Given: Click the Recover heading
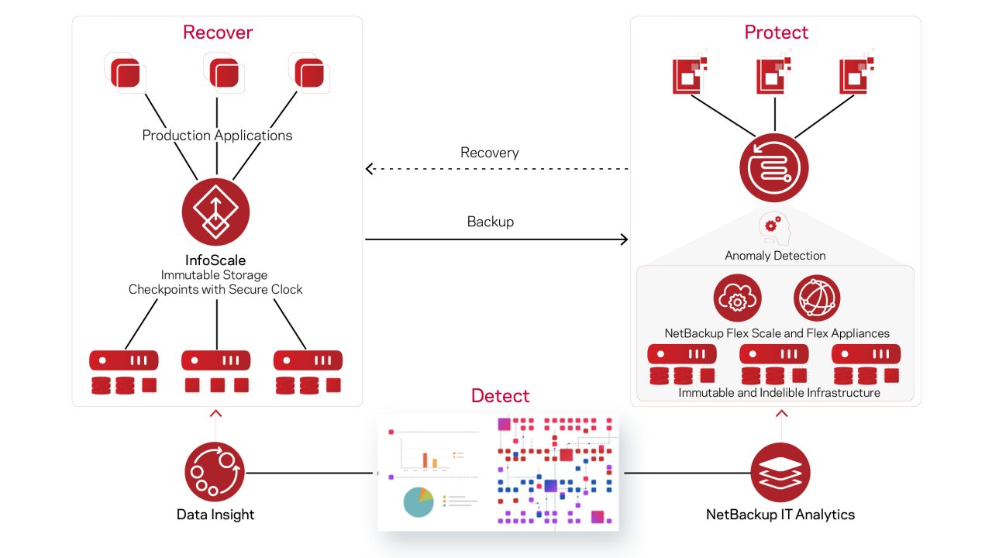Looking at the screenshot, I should click(218, 32).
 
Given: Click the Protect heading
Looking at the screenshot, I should click(776, 32).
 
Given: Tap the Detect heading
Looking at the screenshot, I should click(500, 396).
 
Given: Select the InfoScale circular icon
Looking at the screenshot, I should click(216, 214).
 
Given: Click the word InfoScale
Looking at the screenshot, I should click(216, 260).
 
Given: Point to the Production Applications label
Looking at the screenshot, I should click(217, 136).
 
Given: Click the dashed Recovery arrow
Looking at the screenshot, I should click(496, 168).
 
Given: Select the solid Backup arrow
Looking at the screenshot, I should click(496, 239).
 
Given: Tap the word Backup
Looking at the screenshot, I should click(490, 222).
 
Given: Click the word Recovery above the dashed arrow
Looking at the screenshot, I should click(490, 153).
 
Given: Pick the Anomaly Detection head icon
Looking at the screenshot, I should click(773, 229).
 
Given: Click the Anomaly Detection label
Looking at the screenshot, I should click(775, 255).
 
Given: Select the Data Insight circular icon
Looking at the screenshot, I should click(215, 472).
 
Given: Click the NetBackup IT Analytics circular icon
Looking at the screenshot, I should click(780, 472).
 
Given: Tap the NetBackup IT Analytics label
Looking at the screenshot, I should click(780, 514).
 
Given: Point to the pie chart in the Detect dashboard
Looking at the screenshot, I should click(418, 501).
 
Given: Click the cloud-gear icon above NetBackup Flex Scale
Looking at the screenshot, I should click(737, 298).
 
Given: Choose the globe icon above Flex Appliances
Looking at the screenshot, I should click(817, 298).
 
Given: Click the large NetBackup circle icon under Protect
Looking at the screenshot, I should click(773, 167).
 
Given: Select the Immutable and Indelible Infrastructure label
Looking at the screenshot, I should click(779, 393).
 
